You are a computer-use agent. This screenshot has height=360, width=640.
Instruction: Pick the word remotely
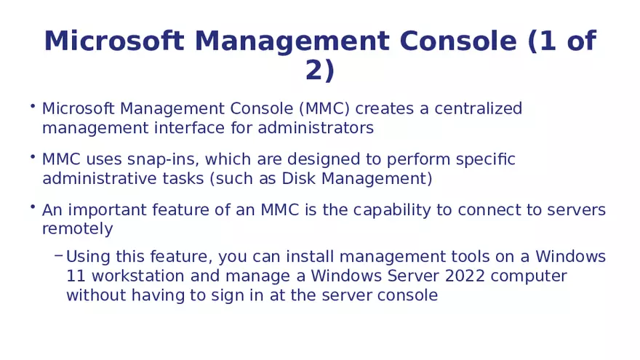coord(78,229)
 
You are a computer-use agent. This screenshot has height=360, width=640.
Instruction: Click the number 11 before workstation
coord(75,276)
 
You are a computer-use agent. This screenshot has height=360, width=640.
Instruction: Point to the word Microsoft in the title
coord(113,41)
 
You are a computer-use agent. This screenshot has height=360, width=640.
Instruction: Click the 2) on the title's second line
coord(320,71)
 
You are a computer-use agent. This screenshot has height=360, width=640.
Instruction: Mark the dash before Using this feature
coord(58,256)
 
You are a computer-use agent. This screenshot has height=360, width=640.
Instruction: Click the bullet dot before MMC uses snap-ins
coord(33,156)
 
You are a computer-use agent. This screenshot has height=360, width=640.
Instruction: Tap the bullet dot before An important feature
coord(33,207)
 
